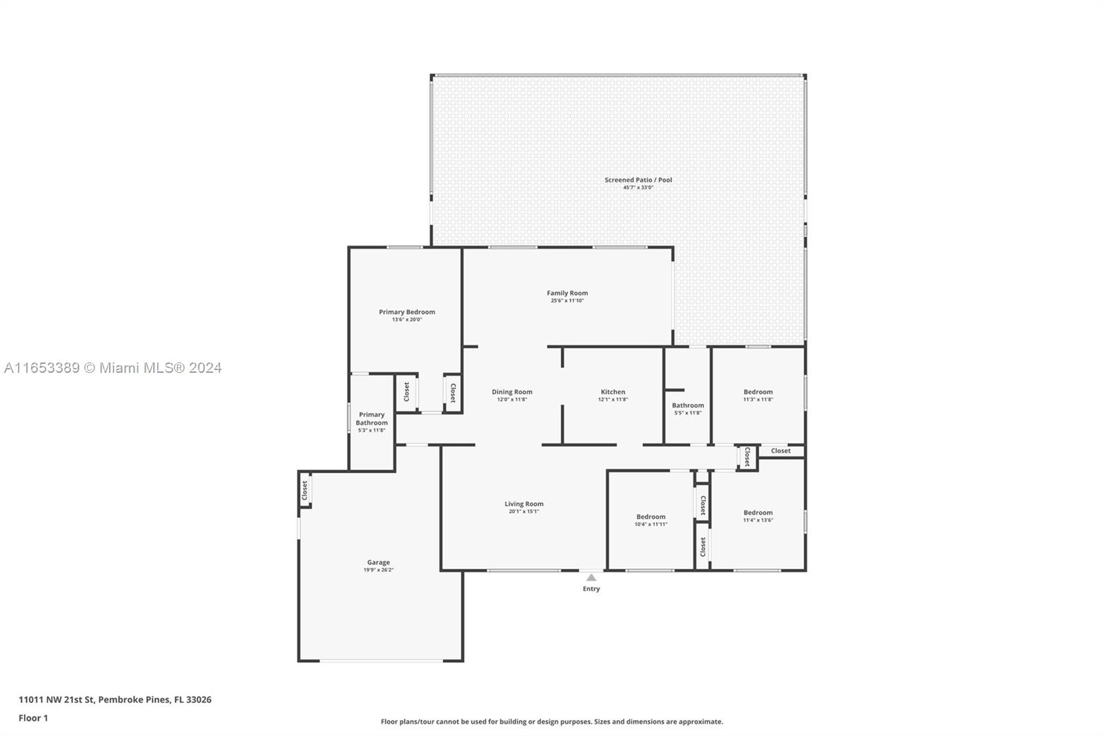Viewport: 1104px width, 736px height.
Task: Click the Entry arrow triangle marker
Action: pyautogui.click(x=591, y=577)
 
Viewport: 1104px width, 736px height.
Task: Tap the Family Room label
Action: pyautogui.click(x=567, y=293)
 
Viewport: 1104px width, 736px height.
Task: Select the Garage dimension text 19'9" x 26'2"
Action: pyautogui.click(x=379, y=570)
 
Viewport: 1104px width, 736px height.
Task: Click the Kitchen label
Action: pyautogui.click(x=613, y=391)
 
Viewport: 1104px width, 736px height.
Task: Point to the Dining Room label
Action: pyautogui.click(x=512, y=391)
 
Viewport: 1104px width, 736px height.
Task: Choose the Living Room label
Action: pyautogui.click(x=524, y=503)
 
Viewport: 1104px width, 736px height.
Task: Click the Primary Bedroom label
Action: pyautogui.click(x=407, y=312)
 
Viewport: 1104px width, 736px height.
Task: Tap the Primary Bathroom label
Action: pyautogui.click(x=372, y=418)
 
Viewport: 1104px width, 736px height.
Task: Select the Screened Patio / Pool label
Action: pyautogui.click(x=638, y=180)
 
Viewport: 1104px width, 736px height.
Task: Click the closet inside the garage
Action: pyautogui.click(x=304, y=490)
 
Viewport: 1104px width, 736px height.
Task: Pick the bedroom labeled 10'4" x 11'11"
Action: pyautogui.click(x=651, y=520)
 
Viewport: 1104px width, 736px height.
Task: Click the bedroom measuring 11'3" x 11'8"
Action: pyautogui.click(x=758, y=395)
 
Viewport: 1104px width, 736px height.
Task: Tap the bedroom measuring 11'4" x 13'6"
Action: pyautogui.click(x=758, y=516)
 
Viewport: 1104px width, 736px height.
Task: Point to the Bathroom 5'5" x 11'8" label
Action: pyautogui.click(x=688, y=409)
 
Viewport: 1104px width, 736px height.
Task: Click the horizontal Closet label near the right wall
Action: pyautogui.click(x=780, y=450)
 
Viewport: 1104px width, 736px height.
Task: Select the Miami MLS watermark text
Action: pyautogui.click(x=113, y=368)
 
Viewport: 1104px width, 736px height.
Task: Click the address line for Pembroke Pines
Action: pyautogui.click(x=115, y=699)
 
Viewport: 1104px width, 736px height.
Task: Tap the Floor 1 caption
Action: pyautogui.click(x=34, y=718)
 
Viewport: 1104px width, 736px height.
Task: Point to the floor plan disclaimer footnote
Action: pyautogui.click(x=551, y=722)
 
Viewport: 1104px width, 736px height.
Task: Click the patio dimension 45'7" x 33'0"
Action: pyautogui.click(x=638, y=188)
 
